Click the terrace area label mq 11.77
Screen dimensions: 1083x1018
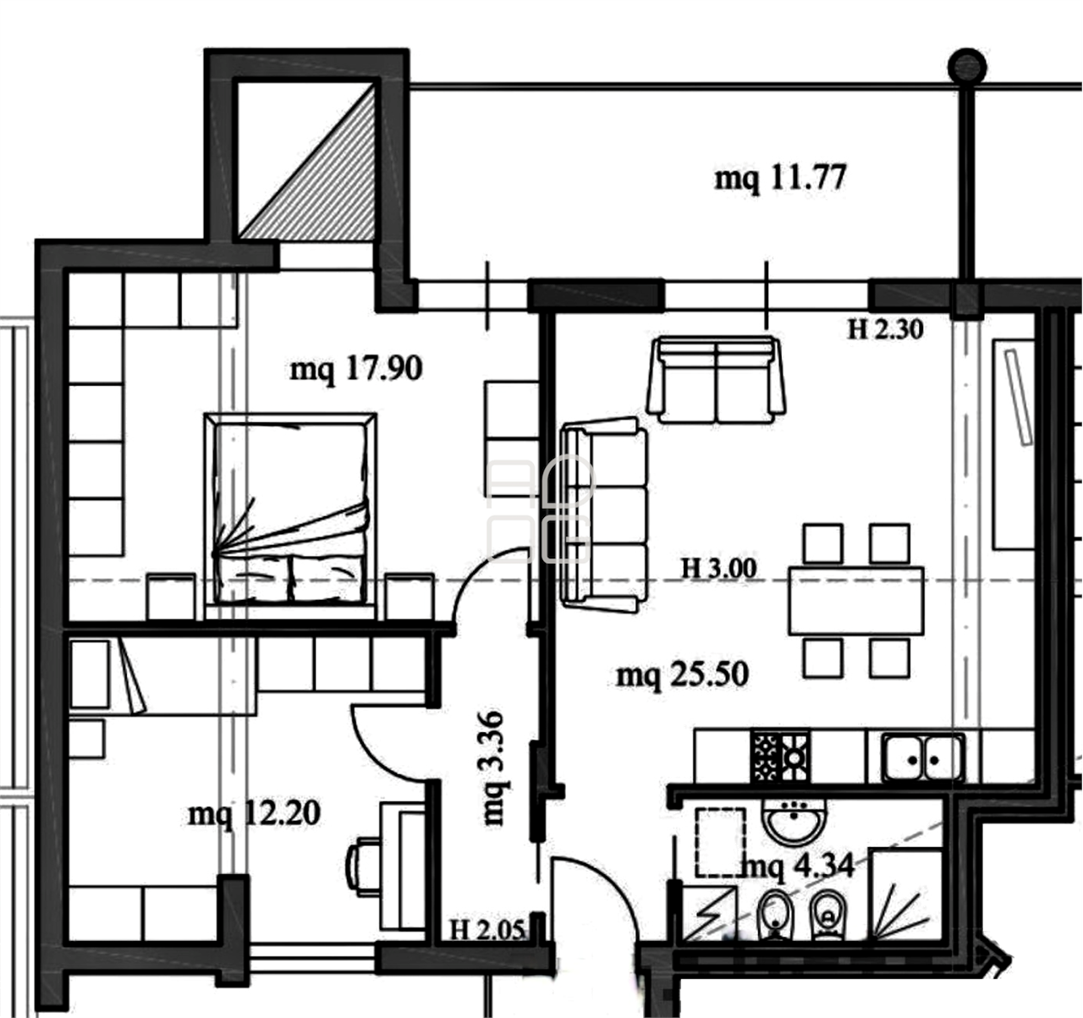point(780,179)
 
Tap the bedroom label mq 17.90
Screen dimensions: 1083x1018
point(355,369)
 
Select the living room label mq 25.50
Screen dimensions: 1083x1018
point(682,674)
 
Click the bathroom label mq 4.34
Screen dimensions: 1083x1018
point(800,866)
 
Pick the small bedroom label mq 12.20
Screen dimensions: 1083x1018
point(254,814)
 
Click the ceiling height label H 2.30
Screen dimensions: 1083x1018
point(886,329)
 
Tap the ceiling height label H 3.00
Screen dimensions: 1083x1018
point(719,569)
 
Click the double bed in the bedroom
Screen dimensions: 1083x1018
point(290,515)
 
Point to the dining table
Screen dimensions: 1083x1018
point(855,601)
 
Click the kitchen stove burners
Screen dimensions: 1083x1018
point(780,757)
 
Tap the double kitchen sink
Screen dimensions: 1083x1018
point(924,757)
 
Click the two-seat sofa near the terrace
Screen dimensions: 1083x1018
point(716,380)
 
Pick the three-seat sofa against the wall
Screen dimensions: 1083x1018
point(604,515)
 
